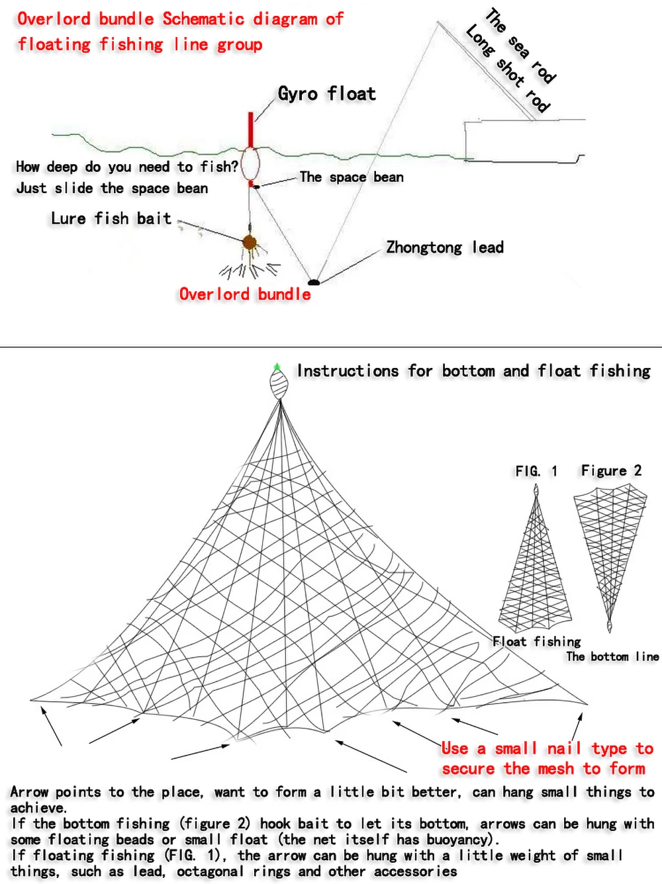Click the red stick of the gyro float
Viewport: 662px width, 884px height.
[x=250, y=130]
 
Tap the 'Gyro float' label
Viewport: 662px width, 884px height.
[x=326, y=94]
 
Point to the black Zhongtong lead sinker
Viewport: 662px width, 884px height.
[x=314, y=283]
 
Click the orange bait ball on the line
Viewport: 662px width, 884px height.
[x=250, y=243]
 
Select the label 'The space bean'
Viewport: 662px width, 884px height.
[x=351, y=177]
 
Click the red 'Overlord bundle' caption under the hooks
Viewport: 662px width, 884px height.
[x=245, y=294]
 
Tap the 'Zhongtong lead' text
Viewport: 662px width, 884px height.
[x=445, y=247]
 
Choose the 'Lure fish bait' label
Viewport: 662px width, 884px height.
[x=111, y=219]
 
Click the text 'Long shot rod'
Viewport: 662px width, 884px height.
[x=507, y=69]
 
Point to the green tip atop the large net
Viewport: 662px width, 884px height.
[x=277, y=366]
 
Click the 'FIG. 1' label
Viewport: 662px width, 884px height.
[x=536, y=471]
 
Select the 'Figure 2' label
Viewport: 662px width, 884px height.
[x=611, y=470]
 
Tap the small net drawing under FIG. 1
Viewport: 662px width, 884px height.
[x=535, y=569]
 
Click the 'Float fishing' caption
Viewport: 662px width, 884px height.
[x=537, y=641]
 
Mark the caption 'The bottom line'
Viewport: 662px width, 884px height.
[x=612, y=656]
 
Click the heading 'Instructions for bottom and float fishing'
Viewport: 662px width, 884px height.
[x=473, y=371]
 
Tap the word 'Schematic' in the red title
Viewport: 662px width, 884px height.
[x=204, y=19]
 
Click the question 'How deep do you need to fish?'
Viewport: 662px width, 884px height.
[x=126, y=167]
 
